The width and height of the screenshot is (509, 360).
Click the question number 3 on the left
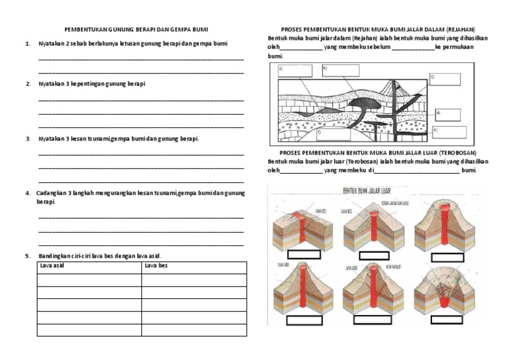pyautogui.click(x=28, y=139)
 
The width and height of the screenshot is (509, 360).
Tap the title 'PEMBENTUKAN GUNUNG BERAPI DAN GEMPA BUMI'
pyautogui.click(x=135, y=30)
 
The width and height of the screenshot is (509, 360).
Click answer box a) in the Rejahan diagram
pyautogui.click(x=295, y=71)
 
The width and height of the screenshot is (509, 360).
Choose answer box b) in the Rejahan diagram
pyautogui.click(x=341, y=70)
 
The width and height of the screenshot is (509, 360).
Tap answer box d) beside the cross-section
pyautogui.click(x=451, y=114)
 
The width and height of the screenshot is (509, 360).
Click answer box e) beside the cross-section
pyautogui.click(x=449, y=131)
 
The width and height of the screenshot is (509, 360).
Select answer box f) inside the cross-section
pyautogui.click(x=333, y=135)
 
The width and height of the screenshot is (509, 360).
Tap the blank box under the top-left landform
pyautogui.click(x=301, y=257)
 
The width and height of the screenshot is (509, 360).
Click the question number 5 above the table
pyautogui.click(x=28, y=256)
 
